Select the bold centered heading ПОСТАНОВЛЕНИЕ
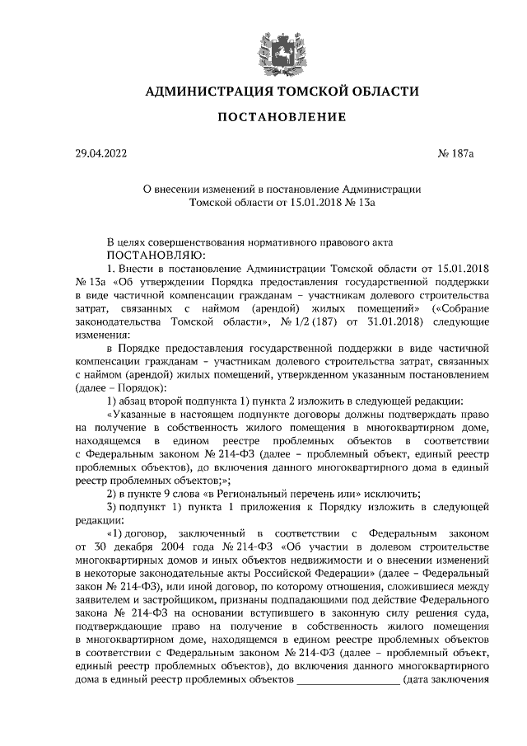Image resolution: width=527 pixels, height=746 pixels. pos(281,117)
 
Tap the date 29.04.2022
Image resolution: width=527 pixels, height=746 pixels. pos(100,153)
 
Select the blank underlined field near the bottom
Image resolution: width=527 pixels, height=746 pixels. pos(349,681)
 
